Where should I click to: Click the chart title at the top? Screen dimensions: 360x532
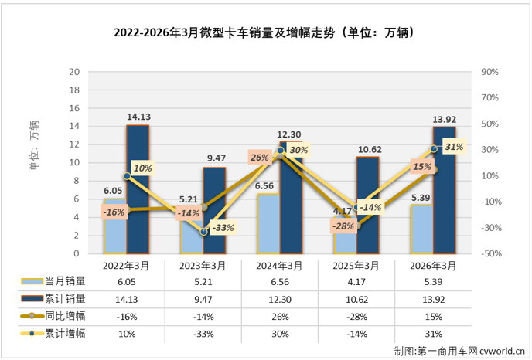[265, 32]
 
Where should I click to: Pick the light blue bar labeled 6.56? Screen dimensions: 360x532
[268, 223]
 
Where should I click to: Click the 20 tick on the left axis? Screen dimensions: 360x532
[75, 72]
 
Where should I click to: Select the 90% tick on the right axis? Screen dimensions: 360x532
[489, 72]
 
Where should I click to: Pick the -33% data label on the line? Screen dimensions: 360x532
[223, 227]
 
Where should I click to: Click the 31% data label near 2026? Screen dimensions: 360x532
[454, 147]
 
